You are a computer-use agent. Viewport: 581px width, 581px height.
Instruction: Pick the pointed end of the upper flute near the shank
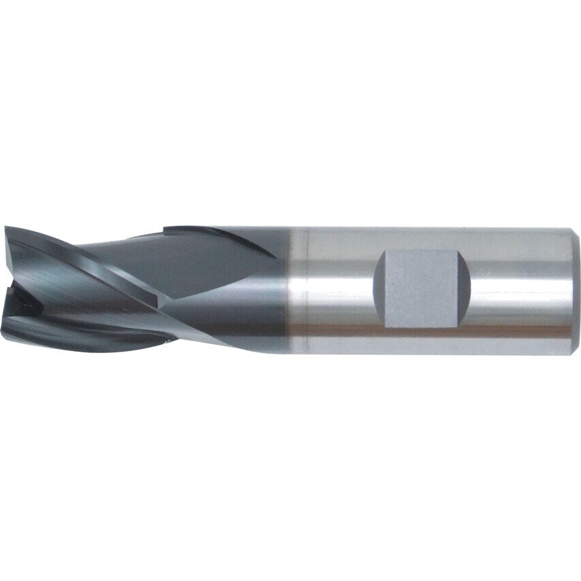tap(276, 257)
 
